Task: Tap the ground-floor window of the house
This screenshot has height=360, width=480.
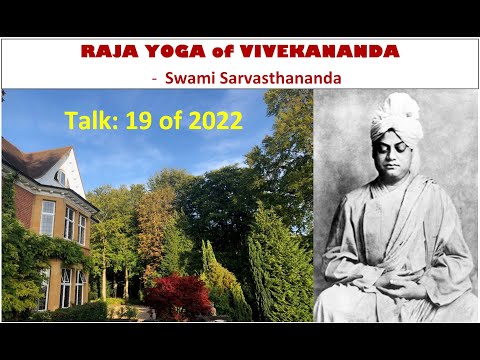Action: (x=66, y=287)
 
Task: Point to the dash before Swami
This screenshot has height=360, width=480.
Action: (x=154, y=76)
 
